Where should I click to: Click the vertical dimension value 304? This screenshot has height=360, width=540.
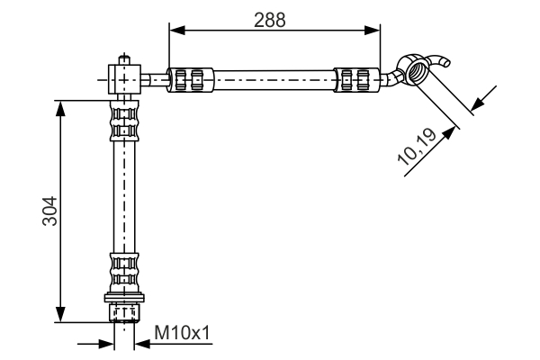[50, 211]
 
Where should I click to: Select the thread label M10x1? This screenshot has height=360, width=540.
[182, 334]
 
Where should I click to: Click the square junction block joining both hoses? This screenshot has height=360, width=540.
[124, 77]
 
